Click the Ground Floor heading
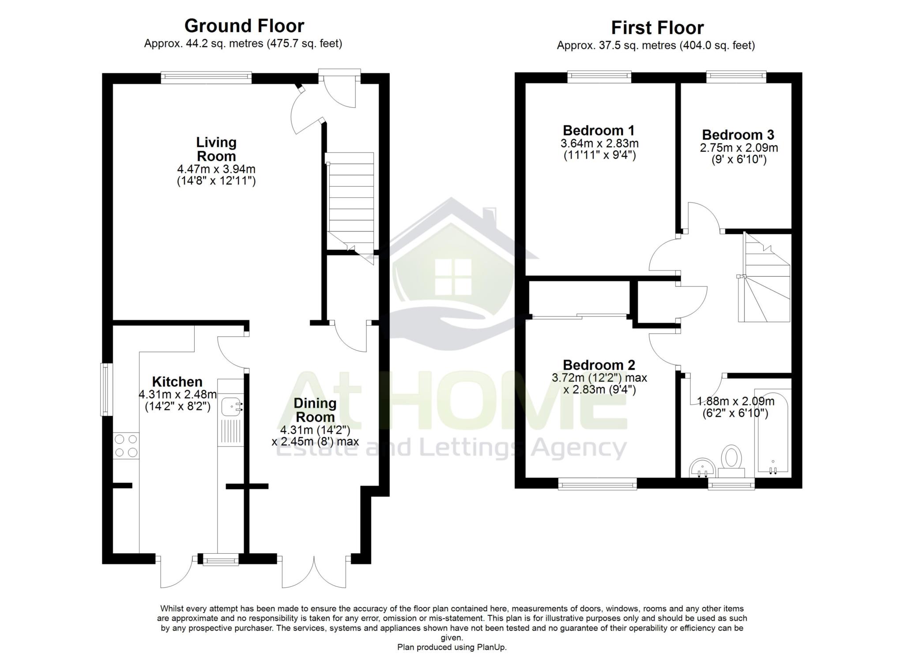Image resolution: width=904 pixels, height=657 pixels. point(244,26)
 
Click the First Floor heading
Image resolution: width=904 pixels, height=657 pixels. point(657,28)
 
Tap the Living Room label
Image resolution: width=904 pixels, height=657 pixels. point(216,149)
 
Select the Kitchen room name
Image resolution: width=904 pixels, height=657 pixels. point(177,382)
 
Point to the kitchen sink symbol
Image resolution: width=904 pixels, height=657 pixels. point(231,406)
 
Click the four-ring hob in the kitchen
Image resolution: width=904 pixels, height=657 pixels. point(126,446)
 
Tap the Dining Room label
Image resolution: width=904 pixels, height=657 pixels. point(315,410)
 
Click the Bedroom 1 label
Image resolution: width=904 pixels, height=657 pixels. point(599,131)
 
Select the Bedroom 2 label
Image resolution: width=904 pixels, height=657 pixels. point(599,365)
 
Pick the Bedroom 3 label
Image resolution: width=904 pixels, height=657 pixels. point(738,135)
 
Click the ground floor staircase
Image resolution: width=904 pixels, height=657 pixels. point(351,203)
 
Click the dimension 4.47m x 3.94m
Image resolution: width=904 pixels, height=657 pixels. point(216,169)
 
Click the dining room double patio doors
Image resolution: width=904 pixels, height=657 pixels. point(314,573)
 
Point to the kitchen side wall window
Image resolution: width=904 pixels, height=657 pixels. point(106,390)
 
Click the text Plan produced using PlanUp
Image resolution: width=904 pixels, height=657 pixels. point(452,647)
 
